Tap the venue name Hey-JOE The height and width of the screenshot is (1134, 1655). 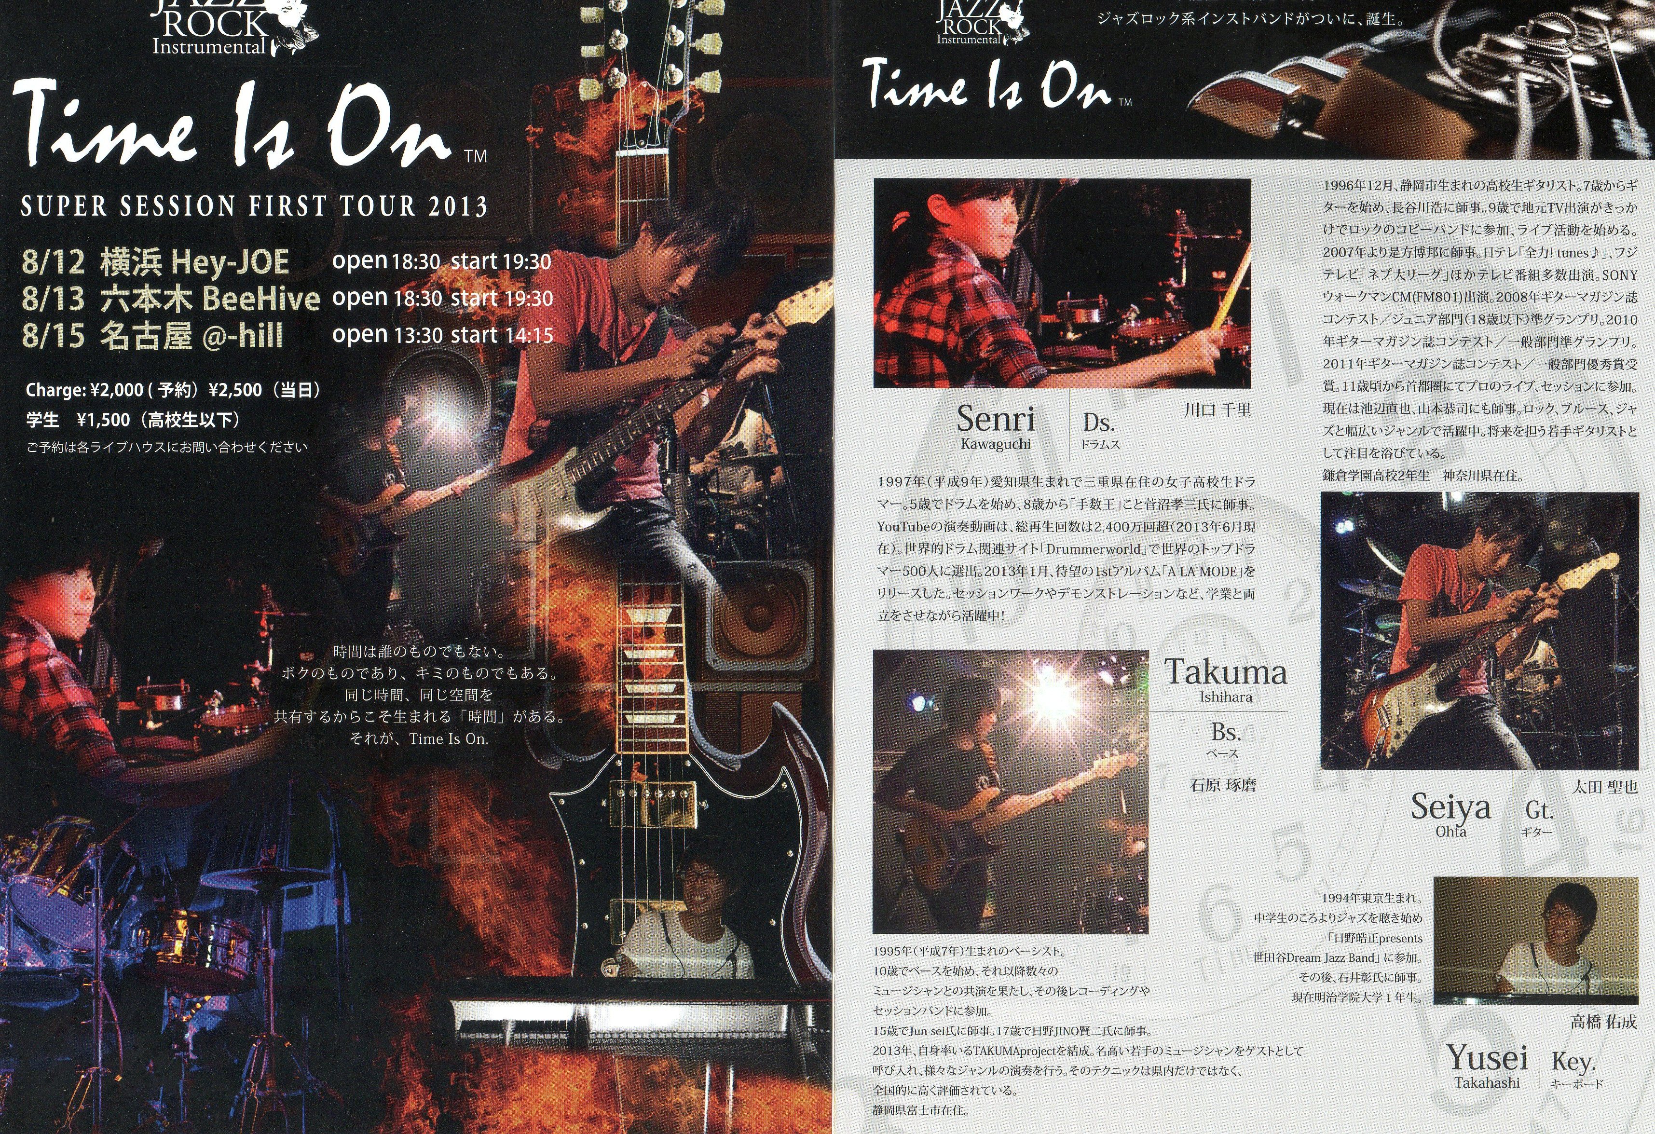(x=230, y=261)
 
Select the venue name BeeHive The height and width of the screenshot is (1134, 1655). (x=260, y=299)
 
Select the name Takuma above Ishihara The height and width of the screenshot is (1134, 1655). (x=1226, y=672)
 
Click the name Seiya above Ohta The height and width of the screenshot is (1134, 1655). (x=1450, y=806)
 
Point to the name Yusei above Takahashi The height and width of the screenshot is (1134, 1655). (x=1487, y=1058)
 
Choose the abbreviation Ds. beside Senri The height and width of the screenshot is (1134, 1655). (x=1098, y=423)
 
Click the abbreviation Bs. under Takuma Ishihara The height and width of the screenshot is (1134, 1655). (x=1226, y=732)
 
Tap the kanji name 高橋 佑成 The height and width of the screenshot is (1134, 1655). (x=1604, y=1022)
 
